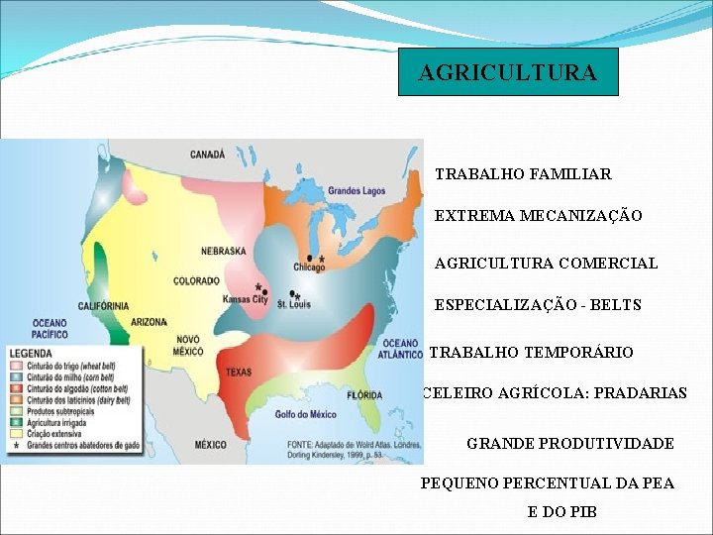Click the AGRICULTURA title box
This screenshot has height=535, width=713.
tap(508, 72)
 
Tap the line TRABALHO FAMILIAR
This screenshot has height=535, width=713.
tap(523, 174)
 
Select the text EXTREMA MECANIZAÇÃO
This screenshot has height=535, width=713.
tap(538, 216)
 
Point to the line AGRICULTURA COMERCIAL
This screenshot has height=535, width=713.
tap(546, 264)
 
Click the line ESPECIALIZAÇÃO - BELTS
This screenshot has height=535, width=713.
tap(538, 305)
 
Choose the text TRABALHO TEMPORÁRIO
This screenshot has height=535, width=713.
tap(531, 353)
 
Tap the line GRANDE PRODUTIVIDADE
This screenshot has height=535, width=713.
tap(569, 444)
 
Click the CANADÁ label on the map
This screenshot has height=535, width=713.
tap(208, 155)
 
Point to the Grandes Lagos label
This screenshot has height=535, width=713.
tap(356, 190)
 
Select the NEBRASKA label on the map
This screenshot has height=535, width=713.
tap(224, 252)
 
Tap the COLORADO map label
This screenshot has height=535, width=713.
tap(196, 281)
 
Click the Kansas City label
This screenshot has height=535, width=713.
tap(245, 299)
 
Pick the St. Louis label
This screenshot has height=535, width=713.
tap(293, 304)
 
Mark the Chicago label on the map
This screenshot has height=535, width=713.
tap(309, 267)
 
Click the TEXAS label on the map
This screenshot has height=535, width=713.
tap(240, 373)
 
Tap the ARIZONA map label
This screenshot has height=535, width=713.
tap(148, 322)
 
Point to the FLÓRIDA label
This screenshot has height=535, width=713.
tap(364, 395)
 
